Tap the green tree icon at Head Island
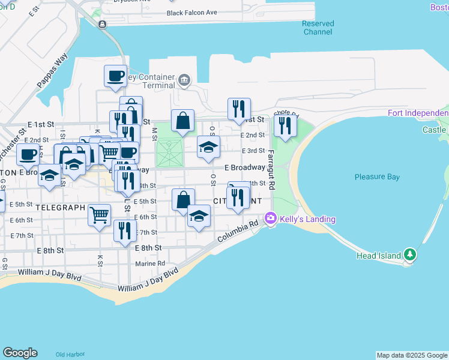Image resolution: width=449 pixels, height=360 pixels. coord(410,254)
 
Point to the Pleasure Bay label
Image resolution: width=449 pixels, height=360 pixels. coord(377,177)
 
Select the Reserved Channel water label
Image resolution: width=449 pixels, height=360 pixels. coord(318,28)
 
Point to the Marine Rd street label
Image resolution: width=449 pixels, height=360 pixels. coord(150,263)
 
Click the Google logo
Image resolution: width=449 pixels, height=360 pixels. coord(20,353)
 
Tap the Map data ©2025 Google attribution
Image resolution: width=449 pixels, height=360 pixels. coord(411,355)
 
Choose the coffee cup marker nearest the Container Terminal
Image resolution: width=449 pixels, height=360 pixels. coord(116,76)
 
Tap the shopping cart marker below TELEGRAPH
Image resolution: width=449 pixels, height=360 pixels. coord(99,214)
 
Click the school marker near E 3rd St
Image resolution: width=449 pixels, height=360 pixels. coord(208,147)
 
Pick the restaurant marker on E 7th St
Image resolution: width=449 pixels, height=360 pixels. coord(125,230)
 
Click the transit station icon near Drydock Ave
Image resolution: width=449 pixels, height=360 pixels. coord(103,24)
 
